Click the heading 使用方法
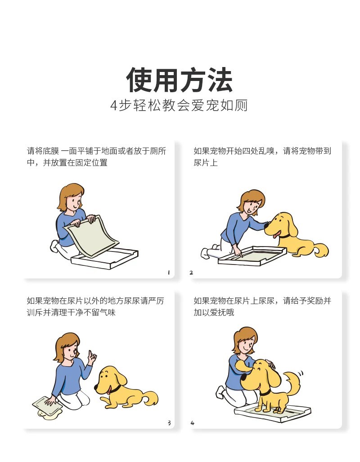(x=179, y=80)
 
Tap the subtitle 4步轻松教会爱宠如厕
(x=179, y=105)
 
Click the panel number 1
(x=169, y=273)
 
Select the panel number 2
(x=191, y=273)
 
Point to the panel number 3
(x=169, y=423)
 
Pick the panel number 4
(x=192, y=423)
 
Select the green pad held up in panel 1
(x=91, y=236)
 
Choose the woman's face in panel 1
(x=74, y=203)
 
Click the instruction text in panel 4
(x=262, y=306)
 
